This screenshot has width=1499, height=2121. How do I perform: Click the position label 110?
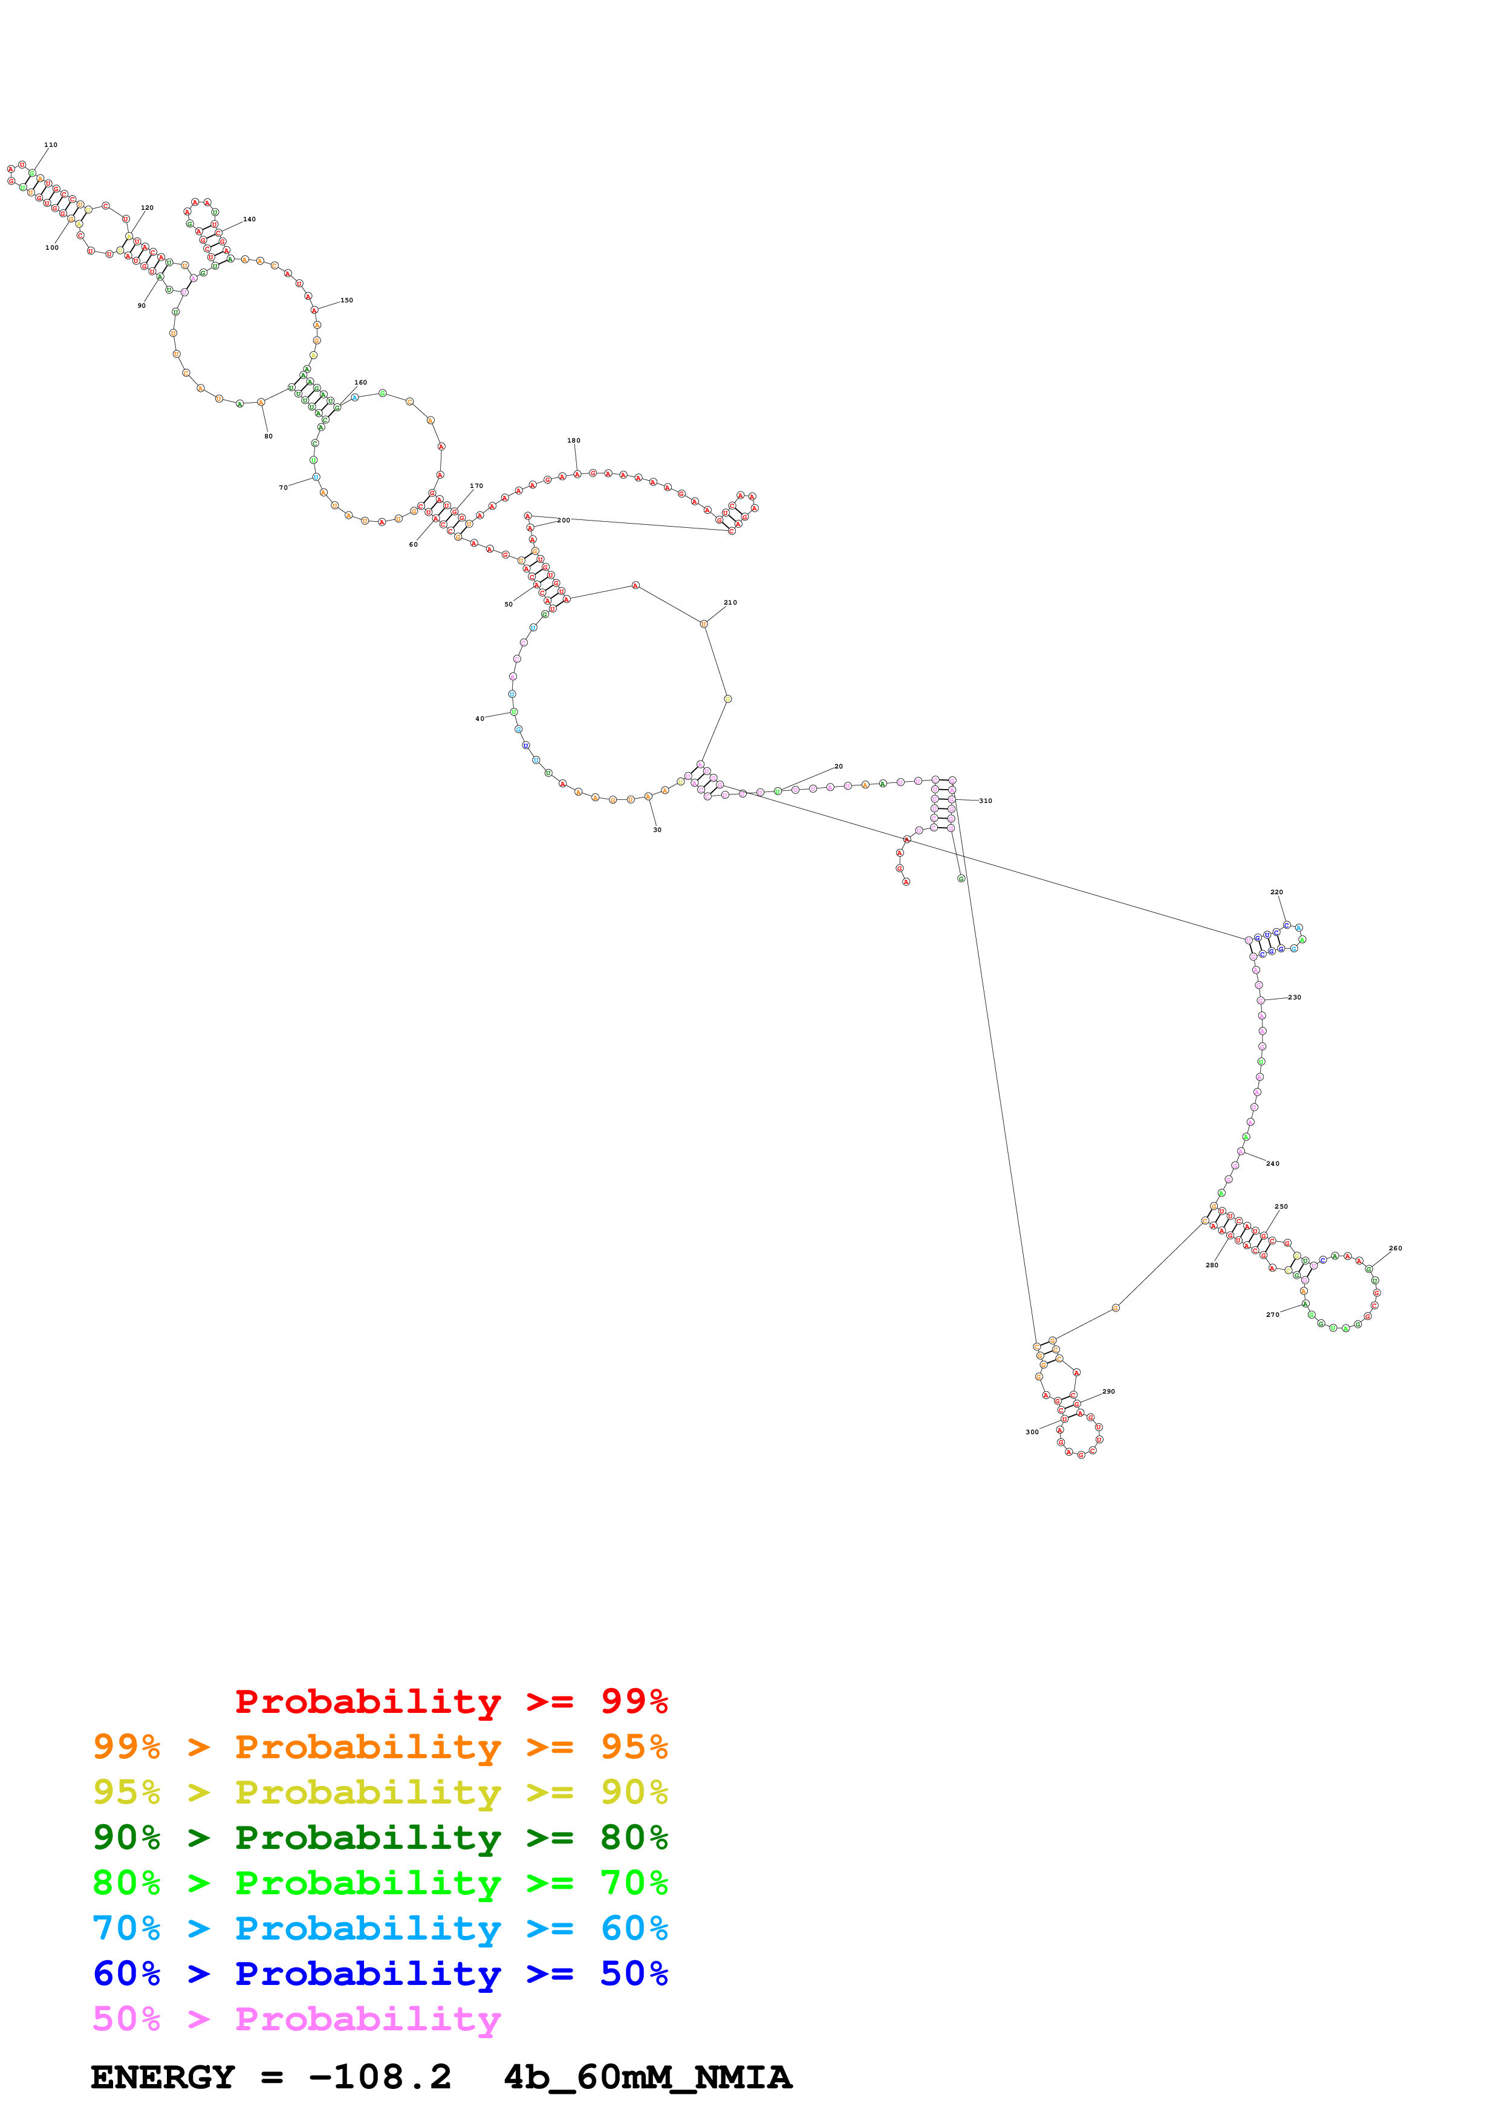[51, 145]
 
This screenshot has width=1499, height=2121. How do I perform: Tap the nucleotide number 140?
[249, 220]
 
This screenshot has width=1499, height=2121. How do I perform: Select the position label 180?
[574, 441]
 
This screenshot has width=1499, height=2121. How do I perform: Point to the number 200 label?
[564, 520]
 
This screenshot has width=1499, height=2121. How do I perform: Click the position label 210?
[730, 602]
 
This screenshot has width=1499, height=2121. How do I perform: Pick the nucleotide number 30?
[658, 830]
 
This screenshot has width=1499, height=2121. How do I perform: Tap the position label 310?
[986, 801]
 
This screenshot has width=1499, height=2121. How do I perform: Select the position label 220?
[1276, 892]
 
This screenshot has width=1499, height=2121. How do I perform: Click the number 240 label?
[1273, 1164]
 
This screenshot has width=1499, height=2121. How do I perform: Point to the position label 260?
[1396, 1248]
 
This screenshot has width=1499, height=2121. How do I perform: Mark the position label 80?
[268, 436]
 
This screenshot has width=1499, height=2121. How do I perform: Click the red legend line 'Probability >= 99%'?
[450, 1701]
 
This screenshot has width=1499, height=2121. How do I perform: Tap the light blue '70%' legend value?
[126, 1928]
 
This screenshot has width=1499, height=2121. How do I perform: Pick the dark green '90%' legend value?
[126, 1837]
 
